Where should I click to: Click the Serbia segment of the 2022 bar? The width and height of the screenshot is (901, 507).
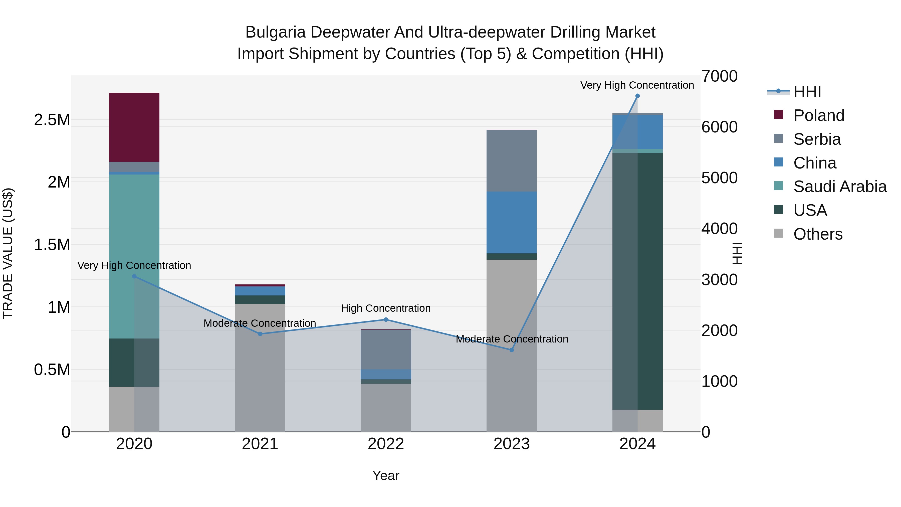(x=386, y=349)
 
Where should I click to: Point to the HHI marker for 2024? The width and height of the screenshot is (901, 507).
(x=637, y=96)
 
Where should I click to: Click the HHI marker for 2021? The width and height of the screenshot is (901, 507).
(x=260, y=334)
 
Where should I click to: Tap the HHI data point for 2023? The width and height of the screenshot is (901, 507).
(x=511, y=350)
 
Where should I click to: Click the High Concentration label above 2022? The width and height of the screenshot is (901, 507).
(x=386, y=308)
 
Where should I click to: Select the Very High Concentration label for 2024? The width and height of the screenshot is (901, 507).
(x=637, y=85)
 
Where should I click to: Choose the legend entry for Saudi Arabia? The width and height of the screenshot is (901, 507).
(x=839, y=187)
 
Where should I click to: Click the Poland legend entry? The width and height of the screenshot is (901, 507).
(x=818, y=115)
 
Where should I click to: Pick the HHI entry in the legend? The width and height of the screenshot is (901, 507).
(x=807, y=92)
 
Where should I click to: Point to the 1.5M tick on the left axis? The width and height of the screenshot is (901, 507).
(x=52, y=245)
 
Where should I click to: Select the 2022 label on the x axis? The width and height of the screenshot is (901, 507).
(x=386, y=444)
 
